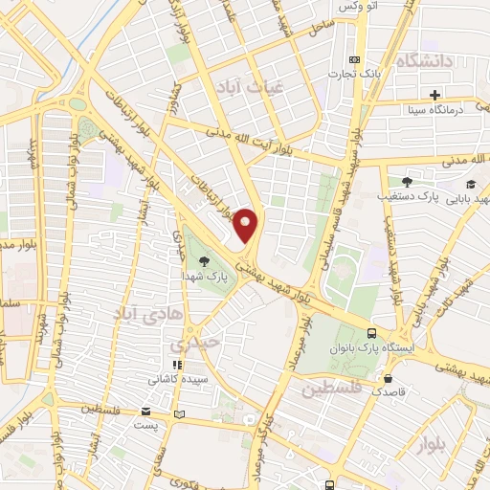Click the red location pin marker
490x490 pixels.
point(247,224)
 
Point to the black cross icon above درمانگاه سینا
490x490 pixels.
point(435,95)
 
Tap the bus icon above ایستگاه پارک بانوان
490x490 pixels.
point(372,335)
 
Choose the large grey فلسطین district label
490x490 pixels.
point(330,390)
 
